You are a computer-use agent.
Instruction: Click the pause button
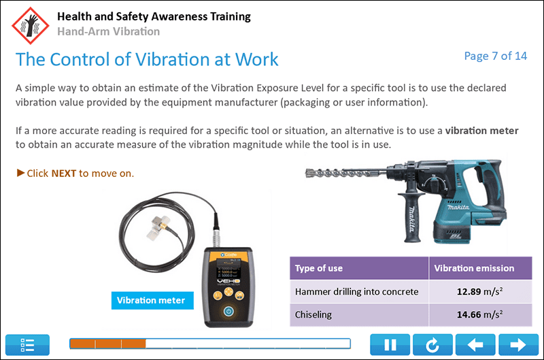pyautogui.click(x=390, y=345)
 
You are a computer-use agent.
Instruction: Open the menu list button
pyautogui.click(x=28, y=345)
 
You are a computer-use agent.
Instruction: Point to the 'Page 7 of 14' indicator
pyautogui.click(x=495, y=56)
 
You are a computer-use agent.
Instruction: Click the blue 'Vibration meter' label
pyautogui.click(x=151, y=299)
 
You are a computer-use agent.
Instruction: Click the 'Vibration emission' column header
pyautogui.click(x=474, y=268)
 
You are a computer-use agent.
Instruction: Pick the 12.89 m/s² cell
pyautogui.click(x=474, y=291)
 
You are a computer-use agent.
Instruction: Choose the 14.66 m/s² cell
pyautogui.click(x=474, y=314)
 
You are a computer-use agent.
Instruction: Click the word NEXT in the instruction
pyautogui.click(x=64, y=173)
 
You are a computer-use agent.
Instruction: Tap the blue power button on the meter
pyautogui.click(x=228, y=311)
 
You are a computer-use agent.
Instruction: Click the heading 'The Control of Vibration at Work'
pyautogui.click(x=147, y=59)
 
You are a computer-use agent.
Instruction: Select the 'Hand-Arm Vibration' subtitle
pyautogui.click(x=109, y=31)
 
